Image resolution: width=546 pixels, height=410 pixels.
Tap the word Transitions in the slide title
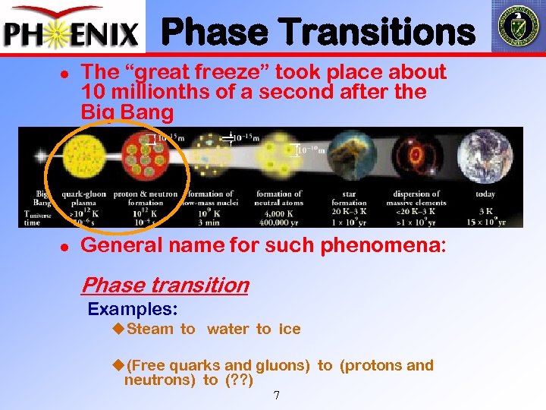(x=391, y=33)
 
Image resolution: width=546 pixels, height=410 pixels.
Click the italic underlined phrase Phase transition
(x=165, y=285)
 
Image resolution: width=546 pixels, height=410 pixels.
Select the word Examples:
(x=133, y=310)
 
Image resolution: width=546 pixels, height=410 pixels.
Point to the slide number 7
(x=277, y=396)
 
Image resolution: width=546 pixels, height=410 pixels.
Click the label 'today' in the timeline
(x=485, y=194)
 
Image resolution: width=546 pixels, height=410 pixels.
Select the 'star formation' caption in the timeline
(x=350, y=198)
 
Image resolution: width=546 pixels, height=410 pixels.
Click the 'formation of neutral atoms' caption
(x=279, y=198)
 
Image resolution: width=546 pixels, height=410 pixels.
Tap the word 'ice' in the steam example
(x=289, y=330)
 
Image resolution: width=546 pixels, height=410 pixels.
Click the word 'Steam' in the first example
(x=150, y=330)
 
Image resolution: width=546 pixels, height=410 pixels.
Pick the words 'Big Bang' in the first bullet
(x=127, y=112)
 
